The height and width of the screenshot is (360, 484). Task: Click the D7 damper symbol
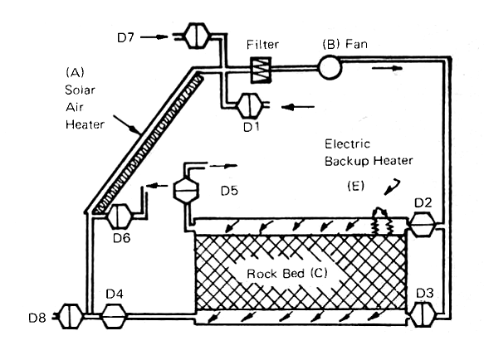point(196,36)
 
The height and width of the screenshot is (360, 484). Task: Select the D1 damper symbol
point(249,106)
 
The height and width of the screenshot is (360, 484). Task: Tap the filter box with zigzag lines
point(262,70)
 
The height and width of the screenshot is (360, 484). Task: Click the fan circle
point(330,67)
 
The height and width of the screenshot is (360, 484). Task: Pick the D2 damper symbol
point(423,225)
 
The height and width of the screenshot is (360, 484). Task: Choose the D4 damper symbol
point(114,316)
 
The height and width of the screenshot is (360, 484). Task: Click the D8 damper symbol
point(71,316)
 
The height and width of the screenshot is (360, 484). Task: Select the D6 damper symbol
point(120,216)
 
